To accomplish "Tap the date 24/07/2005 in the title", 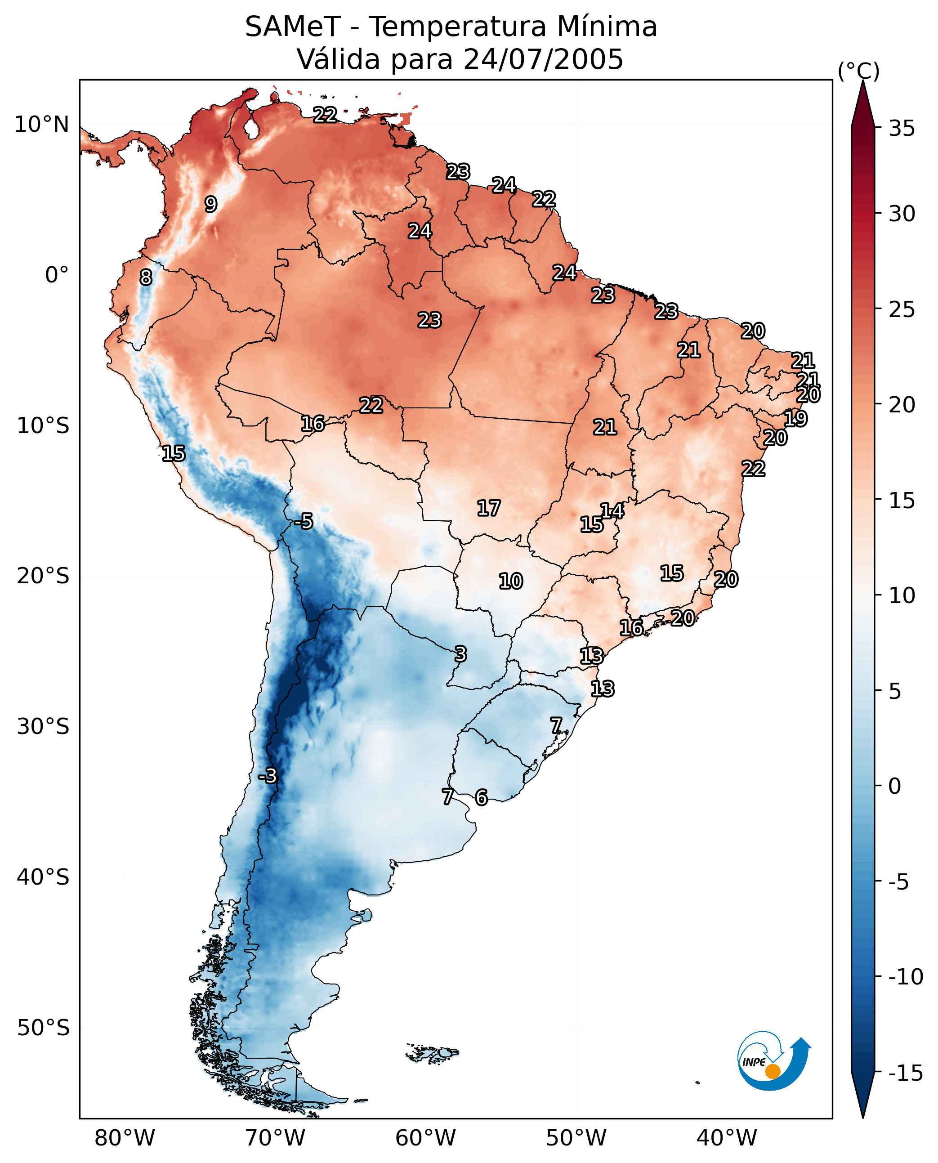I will tap(543, 59).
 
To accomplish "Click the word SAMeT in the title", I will tap(293, 27).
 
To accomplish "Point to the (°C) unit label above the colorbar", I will tap(858, 71).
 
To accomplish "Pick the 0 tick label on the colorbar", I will tap(895, 786).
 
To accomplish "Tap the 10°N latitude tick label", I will tap(42, 125).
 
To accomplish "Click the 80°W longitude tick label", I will tap(125, 1138).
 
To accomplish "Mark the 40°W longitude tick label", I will tap(727, 1138).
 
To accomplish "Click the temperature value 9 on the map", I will tap(211, 204).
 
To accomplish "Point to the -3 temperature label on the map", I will tap(268, 776).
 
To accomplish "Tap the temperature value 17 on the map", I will tap(488, 508).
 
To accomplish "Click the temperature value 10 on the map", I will tap(511, 581).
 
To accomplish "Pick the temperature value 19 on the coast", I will tap(795, 418).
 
